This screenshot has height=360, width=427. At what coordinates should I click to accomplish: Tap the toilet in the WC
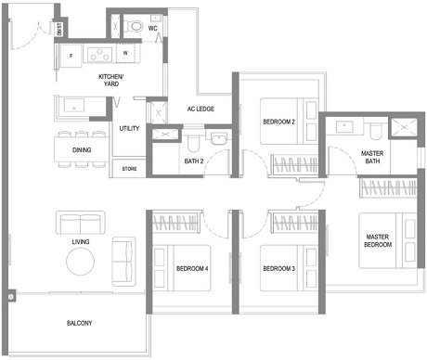tap(135, 25)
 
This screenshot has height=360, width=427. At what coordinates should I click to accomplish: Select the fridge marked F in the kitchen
tap(72, 57)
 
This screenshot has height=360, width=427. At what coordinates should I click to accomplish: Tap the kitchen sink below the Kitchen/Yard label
tap(71, 108)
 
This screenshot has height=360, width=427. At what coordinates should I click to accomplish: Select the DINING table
tap(82, 149)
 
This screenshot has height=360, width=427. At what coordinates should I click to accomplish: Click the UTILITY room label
tap(129, 128)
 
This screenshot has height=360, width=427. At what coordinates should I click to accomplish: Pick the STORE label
tap(128, 169)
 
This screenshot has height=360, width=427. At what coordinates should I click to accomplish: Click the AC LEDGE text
tap(201, 109)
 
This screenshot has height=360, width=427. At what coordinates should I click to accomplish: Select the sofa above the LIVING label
tap(81, 223)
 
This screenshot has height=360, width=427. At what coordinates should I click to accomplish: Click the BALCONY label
tap(79, 323)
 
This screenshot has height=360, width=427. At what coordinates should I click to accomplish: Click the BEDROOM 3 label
tap(278, 269)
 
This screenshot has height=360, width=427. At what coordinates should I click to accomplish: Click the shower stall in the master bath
tap(406, 129)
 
